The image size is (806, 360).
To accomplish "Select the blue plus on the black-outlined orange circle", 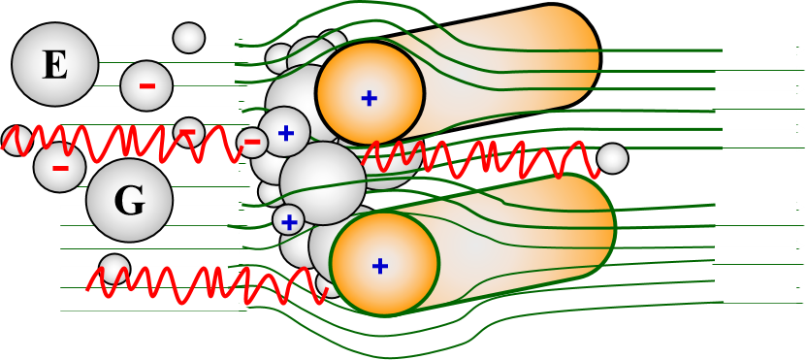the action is (370, 98).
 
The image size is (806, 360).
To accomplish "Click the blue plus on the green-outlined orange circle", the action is (380, 266).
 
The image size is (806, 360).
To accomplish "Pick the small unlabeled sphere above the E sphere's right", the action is (189, 38).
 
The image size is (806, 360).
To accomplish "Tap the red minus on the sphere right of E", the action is (147, 86).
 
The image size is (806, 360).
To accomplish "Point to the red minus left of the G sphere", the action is (61, 168).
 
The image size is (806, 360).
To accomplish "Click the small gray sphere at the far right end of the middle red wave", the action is (612, 159).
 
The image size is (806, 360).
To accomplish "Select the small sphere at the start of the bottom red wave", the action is (114, 270).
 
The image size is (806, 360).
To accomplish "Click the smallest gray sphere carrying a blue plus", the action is (289, 221).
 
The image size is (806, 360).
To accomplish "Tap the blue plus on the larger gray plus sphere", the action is (286, 134).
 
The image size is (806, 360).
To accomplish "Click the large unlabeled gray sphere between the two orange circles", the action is (323, 183).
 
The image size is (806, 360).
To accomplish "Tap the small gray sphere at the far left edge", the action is (16, 140).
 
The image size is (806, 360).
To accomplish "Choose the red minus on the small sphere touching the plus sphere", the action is (252, 142).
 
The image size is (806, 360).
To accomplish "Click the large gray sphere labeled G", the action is (130, 200).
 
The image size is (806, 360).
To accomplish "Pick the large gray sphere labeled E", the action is (55, 64).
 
